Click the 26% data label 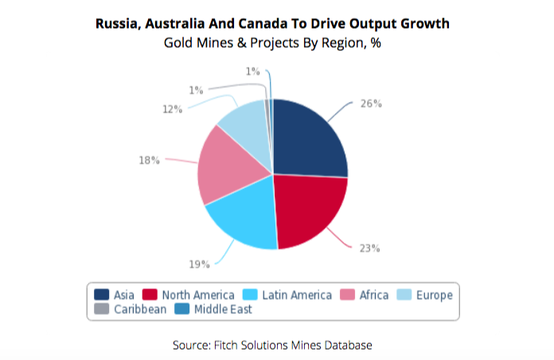[x=371, y=104]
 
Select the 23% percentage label [x=369, y=248]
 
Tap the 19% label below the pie [x=200, y=264]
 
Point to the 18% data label [x=150, y=160]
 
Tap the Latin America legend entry [x=287, y=295]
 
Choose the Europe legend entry [x=425, y=295]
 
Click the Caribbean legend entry [x=131, y=309]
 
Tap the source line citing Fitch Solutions [x=272, y=345]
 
